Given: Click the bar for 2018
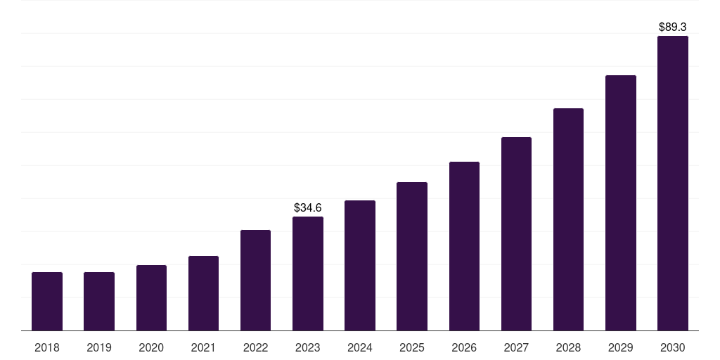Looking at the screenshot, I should (x=47, y=301).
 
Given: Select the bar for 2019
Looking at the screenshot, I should (x=99, y=301).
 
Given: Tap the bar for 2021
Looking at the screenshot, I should (x=203, y=293).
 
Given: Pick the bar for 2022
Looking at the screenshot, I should (x=255, y=280).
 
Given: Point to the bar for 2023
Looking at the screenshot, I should (x=308, y=274).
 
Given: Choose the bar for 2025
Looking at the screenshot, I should (x=412, y=256).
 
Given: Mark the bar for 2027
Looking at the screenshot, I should (x=516, y=233).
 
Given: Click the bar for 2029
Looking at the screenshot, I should (x=621, y=202).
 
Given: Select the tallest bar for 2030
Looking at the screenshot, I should (x=673, y=183).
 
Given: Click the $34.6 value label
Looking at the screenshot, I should (x=308, y=207).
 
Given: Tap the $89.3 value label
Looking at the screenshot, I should (x=673, y=27).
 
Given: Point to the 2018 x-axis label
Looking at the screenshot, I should (x=47, y=347).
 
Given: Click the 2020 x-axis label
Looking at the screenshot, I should (x=151, y=347).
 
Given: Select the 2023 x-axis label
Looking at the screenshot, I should (x=308, y=347).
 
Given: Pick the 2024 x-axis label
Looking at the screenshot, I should (x=360, y=347).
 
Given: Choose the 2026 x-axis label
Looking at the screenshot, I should (x=464, y=347).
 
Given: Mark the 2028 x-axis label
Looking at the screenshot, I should (x=568, y=347).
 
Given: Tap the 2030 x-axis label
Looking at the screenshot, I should (x=673, y=347).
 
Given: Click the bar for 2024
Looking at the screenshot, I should (x=360, y=265).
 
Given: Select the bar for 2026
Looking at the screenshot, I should (x=464, y=246).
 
